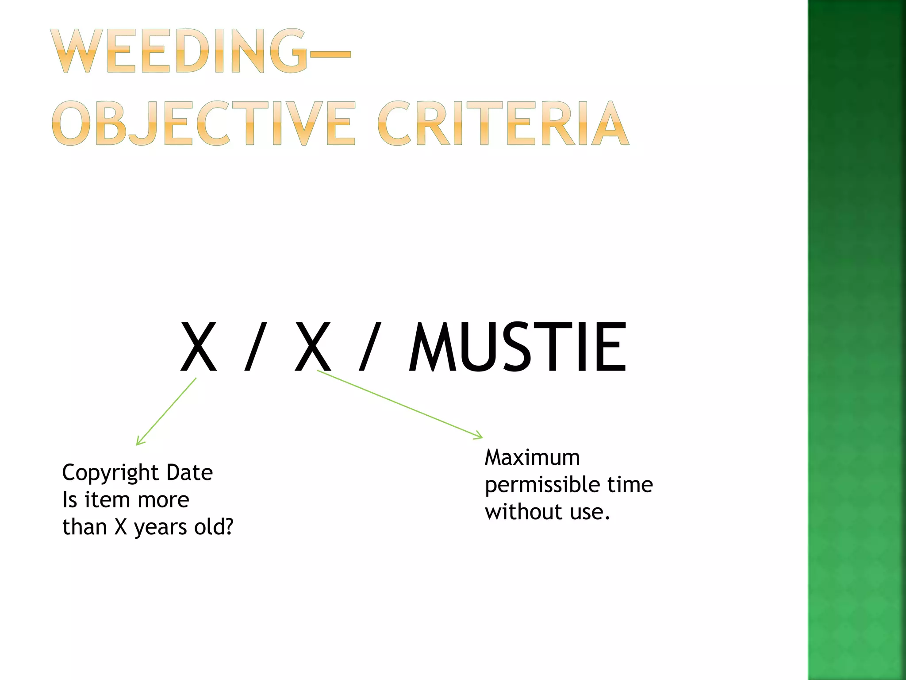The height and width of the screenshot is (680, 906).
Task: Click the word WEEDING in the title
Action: click(x=179, y=51)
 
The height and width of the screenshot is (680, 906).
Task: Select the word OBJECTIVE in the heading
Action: click(x=203, y=123)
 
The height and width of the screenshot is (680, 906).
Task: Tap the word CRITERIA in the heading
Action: click(x=503, y=123)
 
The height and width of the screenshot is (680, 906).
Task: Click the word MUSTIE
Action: click(x=517, y=348)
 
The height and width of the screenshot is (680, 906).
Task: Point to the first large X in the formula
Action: click(x=199, y=348)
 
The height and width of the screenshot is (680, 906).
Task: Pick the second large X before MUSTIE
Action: click(x=313, y=348)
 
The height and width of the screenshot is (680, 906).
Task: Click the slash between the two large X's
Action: click(x=256, y=348)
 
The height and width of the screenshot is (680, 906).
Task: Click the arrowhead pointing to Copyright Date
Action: click(x=138, y=442)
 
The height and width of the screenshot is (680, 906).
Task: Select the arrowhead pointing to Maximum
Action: click(x=479, y=436)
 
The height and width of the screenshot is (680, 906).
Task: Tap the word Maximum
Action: click(x=532, y=457)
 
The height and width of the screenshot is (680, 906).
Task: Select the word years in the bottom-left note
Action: click(x=161, y=528)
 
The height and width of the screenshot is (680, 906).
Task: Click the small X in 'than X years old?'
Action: click(x=121, y=527)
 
